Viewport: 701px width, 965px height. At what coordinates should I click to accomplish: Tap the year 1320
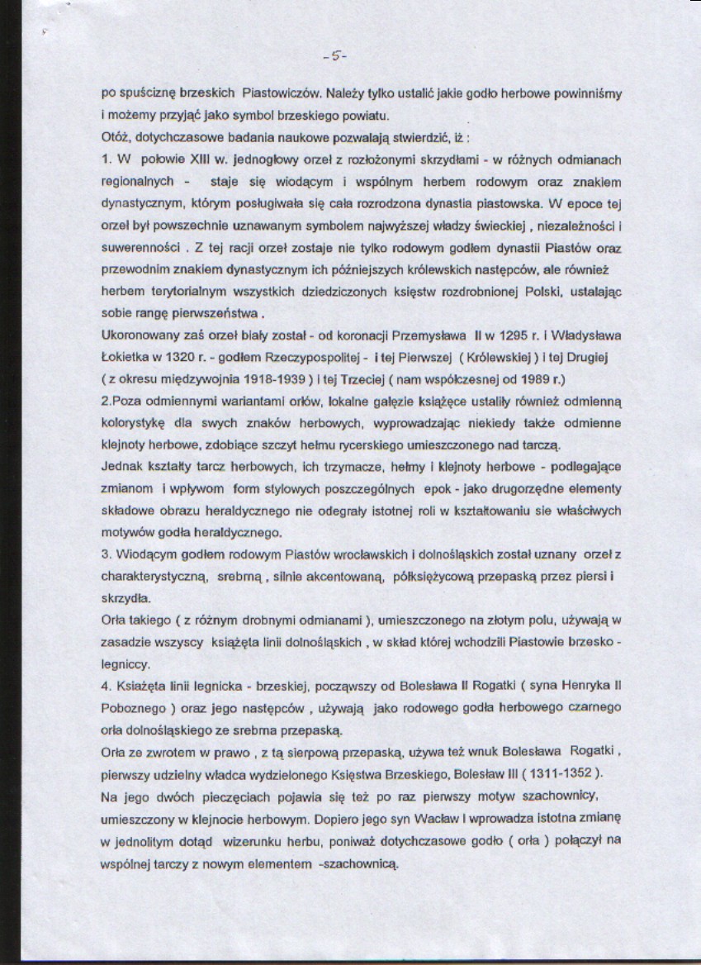(x=201, y=357)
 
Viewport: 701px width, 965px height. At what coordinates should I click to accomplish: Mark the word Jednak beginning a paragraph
(x=120, y=467)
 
